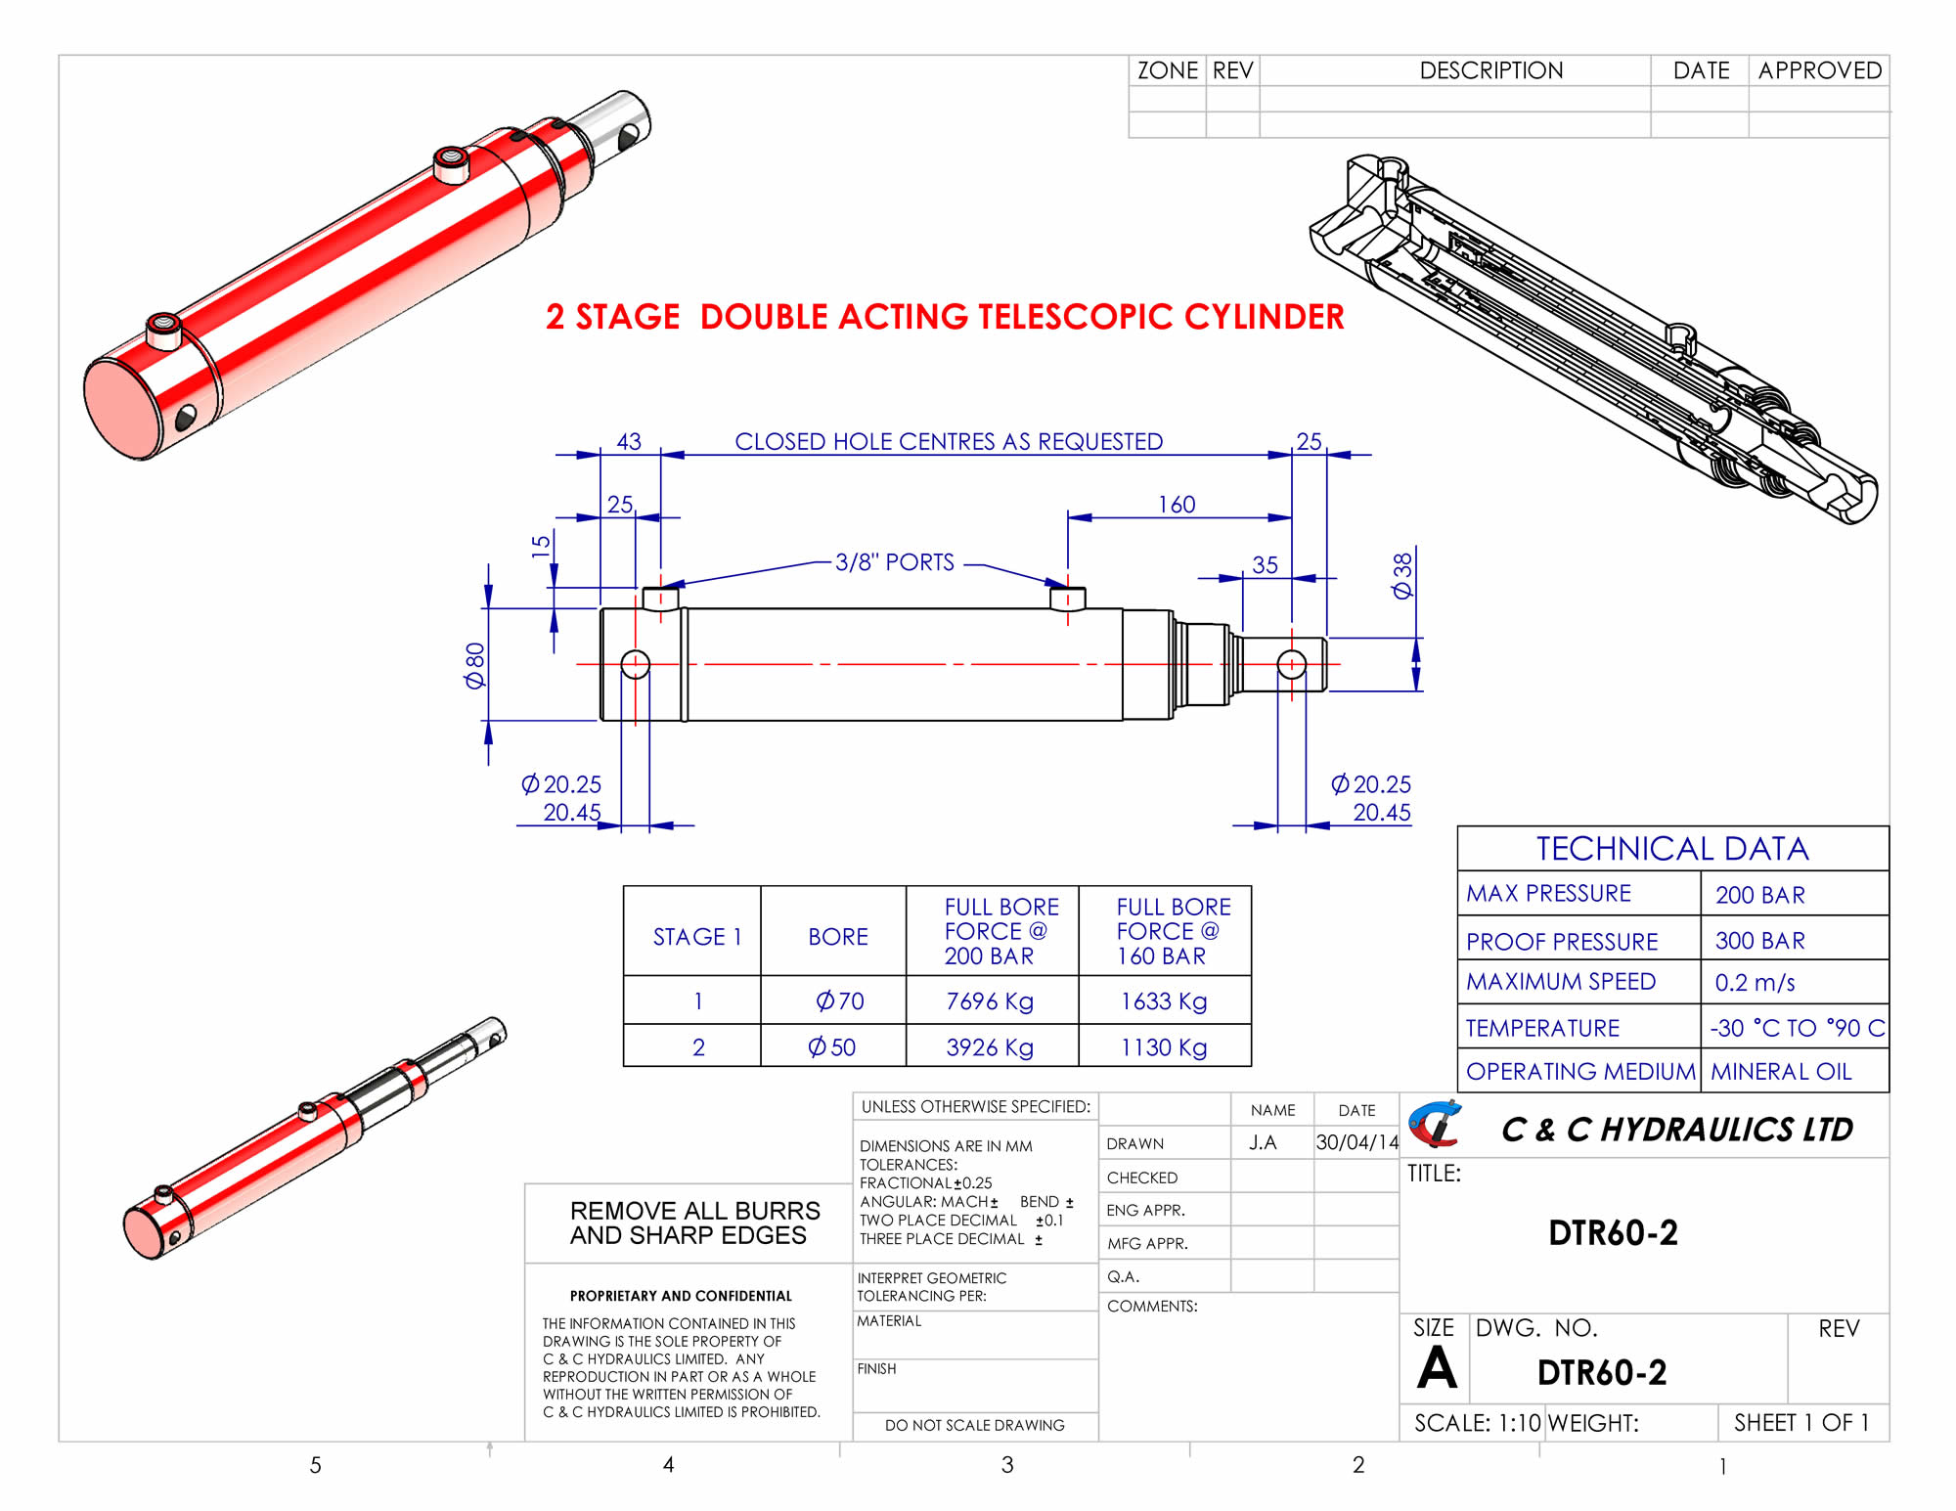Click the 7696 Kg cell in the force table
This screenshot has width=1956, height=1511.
click(990, 1000)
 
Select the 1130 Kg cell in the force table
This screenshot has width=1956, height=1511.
click(1164, 1047)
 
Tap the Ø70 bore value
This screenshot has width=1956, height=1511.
click(839, 1000)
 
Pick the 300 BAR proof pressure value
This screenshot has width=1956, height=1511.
click(1759, 941)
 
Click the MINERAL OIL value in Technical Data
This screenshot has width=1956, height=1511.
click(1781, 1072)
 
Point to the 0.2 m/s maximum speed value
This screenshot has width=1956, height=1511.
click(1755, 983)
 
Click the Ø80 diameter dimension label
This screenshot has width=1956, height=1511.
click(475, 665)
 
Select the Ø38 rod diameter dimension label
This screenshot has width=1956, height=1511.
click(1402, 575)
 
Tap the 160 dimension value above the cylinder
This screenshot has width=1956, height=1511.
click(1177, 505)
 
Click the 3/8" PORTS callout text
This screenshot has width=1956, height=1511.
click(894, 562)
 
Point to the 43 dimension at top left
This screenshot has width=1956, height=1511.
click(629, 441)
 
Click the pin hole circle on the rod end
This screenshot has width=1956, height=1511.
click(1292, 665)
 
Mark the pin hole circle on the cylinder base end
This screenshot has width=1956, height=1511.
click(636, 665)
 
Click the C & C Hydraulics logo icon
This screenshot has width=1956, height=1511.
click(1435, 1125)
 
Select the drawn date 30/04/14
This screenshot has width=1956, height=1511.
click(1356, 1142)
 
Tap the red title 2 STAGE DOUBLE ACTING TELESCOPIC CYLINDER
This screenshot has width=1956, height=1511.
click(945, 317)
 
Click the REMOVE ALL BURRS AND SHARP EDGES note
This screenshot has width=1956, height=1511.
click(694, 1222)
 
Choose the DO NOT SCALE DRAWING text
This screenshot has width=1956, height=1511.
click(974, 1425)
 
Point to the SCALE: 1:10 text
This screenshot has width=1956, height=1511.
click(1477, 1423)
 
